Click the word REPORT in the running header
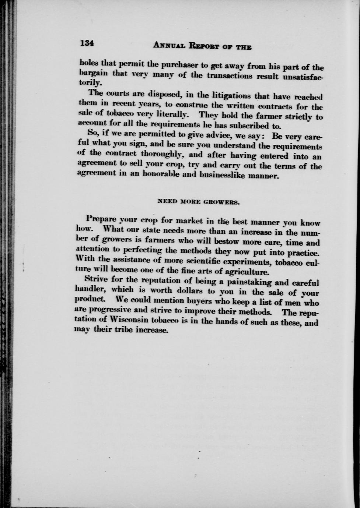click(x=204, y=46)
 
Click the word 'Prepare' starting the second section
click(x=101, y=218)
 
